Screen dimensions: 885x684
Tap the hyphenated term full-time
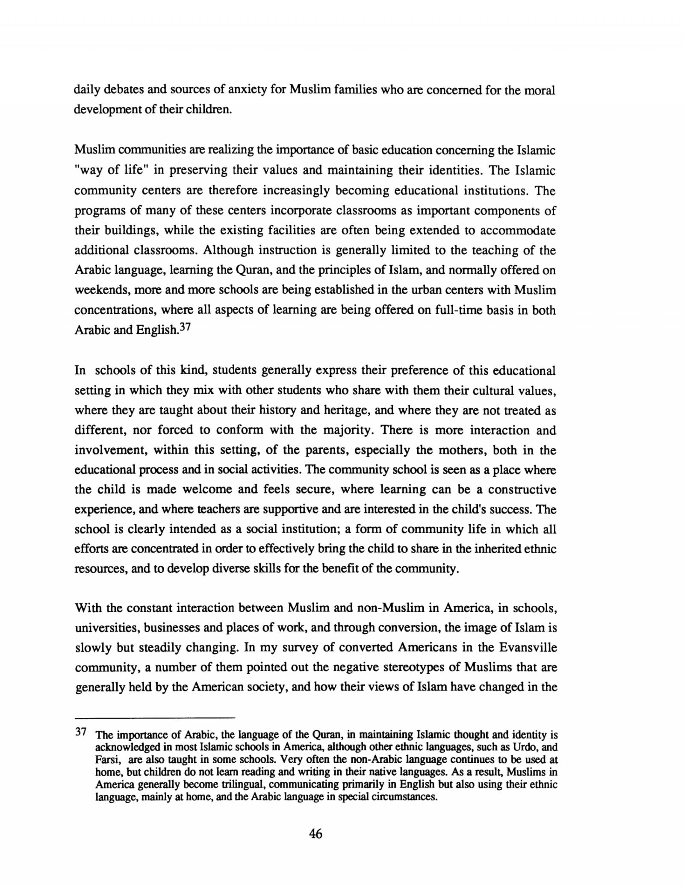point(458,310)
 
